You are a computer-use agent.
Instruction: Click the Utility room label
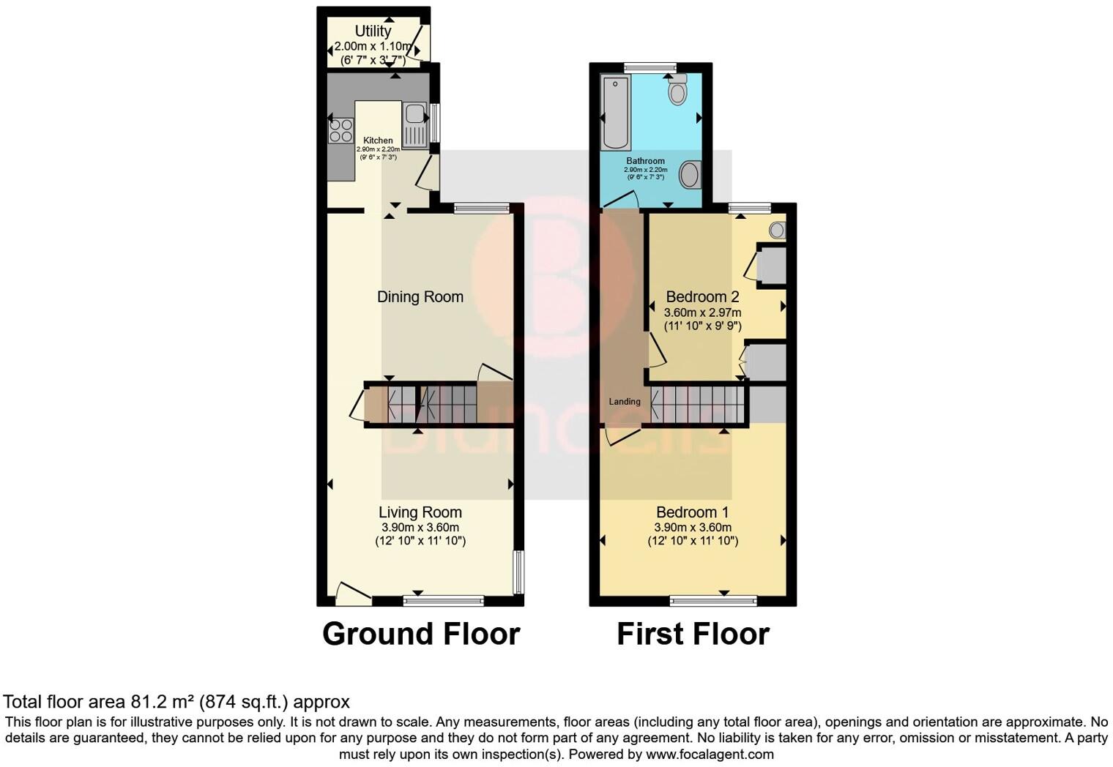coord(373,31)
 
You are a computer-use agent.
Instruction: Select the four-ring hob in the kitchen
coord(340,130)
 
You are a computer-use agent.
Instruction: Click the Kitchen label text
coord(378,141)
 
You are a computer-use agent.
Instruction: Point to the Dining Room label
coord(420,296)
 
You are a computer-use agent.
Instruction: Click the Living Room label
coord(420,512)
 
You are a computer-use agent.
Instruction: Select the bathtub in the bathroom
coord(615,111)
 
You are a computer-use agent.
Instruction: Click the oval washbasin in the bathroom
coord(690,175)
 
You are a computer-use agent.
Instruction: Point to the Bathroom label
coord(645,161)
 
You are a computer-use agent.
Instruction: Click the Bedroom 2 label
coord(702,296)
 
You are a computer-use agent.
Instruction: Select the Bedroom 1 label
coord(692,512)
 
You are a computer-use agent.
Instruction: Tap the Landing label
coord(625,401)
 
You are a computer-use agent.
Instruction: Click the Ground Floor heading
coord(421,634)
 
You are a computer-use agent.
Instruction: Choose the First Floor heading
coord(693,634)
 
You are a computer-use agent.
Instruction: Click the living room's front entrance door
coord(353,594)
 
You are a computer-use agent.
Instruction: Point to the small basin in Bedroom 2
coord(777,231)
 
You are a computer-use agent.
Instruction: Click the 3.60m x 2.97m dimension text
coord(702,313)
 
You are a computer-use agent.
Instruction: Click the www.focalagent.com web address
coord(710,754)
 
